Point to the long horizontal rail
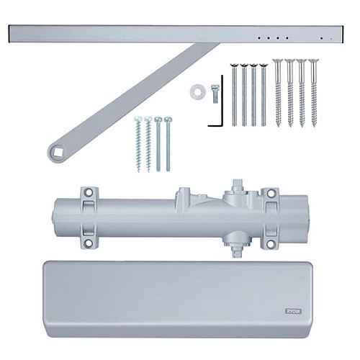173,33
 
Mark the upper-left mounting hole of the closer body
89,194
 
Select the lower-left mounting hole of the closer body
89,243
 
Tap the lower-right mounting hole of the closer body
270,243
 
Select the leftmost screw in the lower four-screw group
137,144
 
